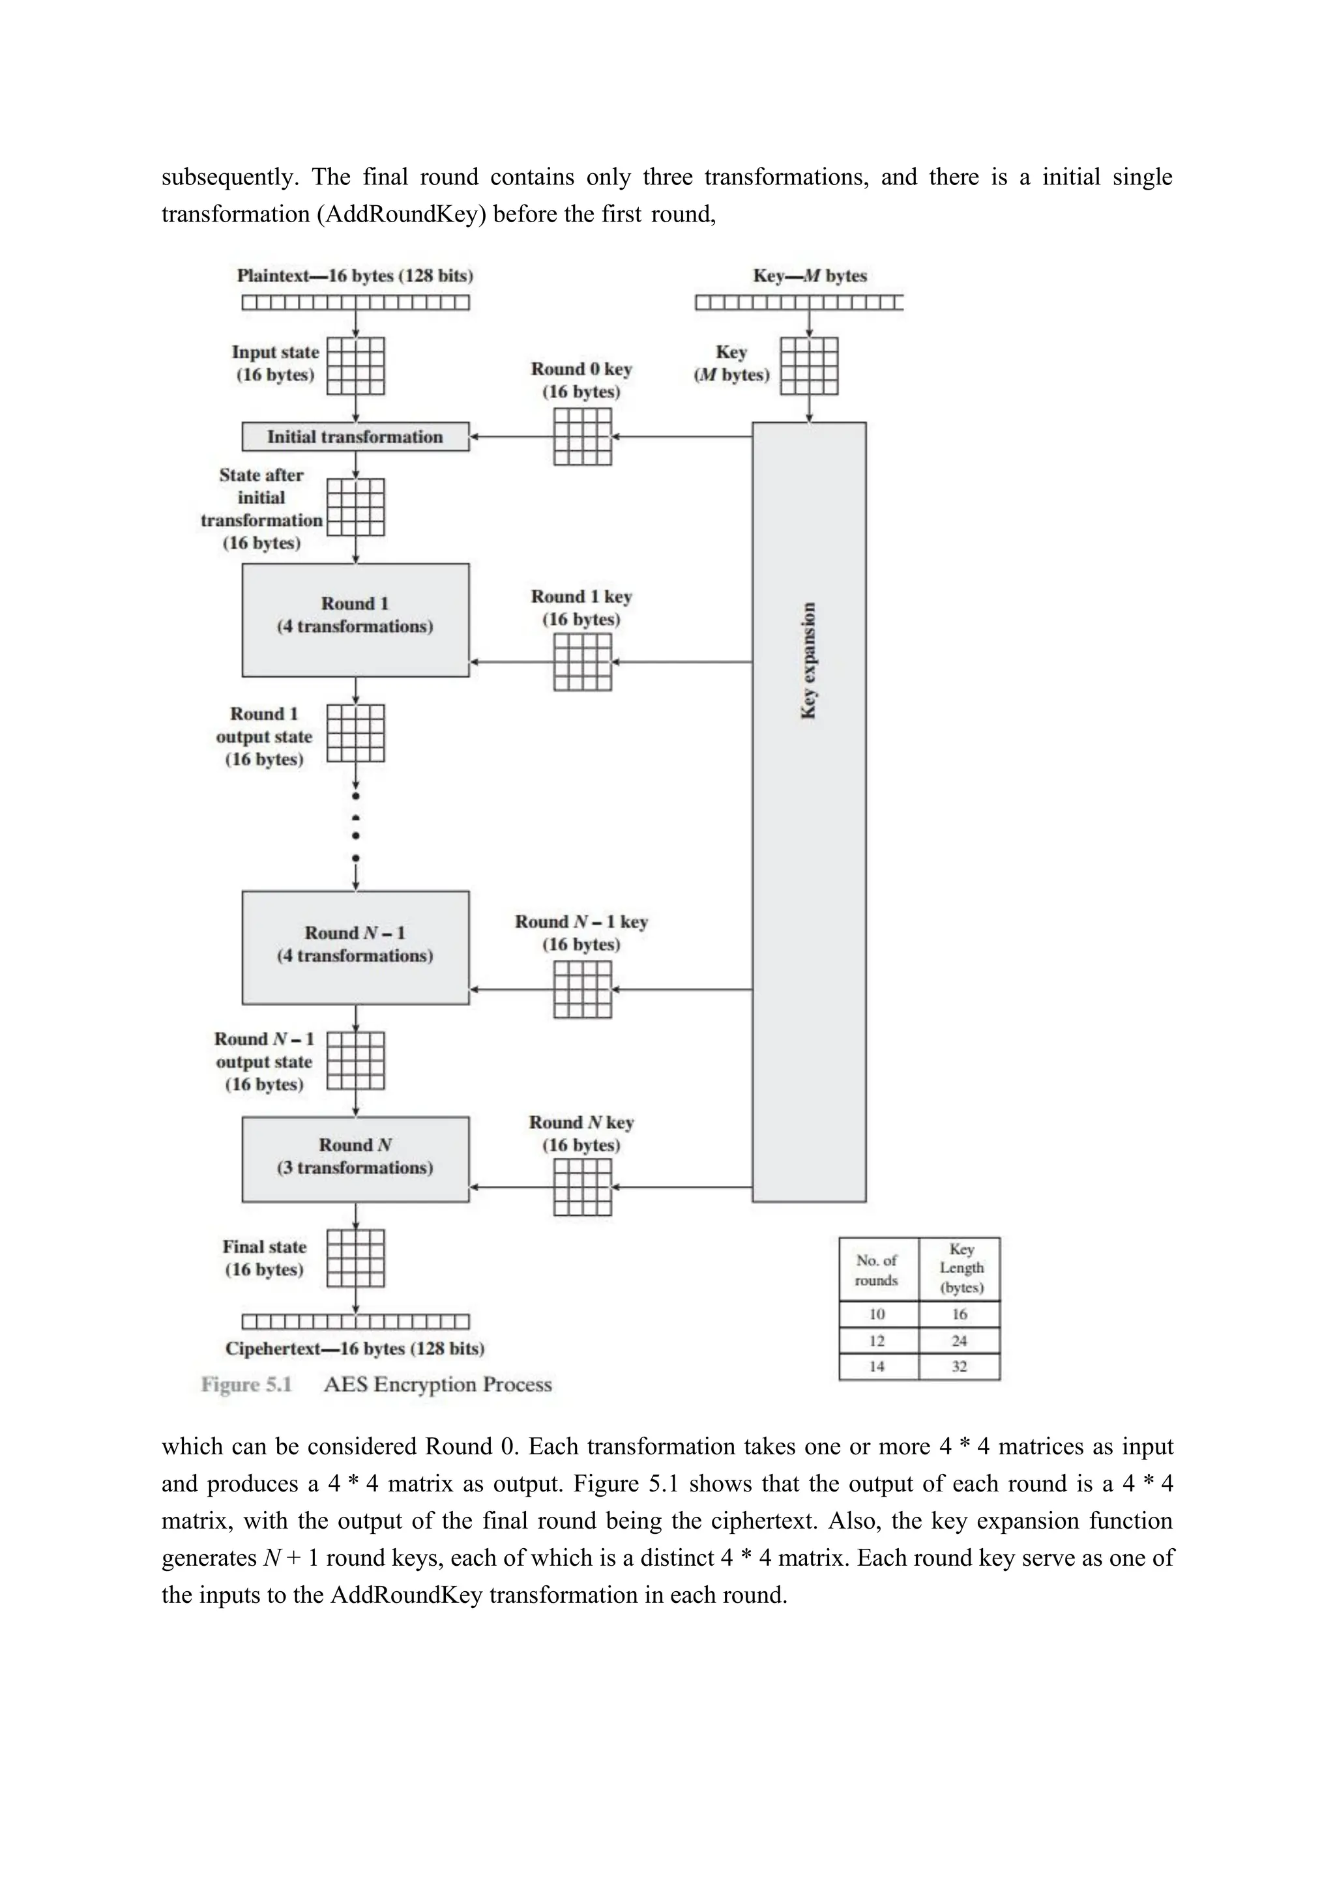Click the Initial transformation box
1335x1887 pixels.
point(355,437)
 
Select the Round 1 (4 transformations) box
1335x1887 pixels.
point(355,620)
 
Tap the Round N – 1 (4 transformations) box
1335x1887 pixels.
point(355,947)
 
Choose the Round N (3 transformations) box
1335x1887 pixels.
point(355,1159)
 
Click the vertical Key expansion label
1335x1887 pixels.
point(809,661)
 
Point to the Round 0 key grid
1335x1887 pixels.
point(582,437)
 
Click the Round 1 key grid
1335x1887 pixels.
point(582,661)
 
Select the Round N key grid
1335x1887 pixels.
point(582,1187)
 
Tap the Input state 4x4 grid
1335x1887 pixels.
point(355,366)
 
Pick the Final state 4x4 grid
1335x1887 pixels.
point(355,1258)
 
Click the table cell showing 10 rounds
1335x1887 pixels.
point(877,1314)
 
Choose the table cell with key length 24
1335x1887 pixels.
point(960,1340)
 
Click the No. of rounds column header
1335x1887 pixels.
point(877,1270)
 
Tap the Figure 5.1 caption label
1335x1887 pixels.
point(246,1385)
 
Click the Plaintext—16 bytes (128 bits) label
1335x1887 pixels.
point(355,276)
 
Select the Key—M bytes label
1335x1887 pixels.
point(810,276)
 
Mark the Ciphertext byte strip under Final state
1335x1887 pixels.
point(355,1321)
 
